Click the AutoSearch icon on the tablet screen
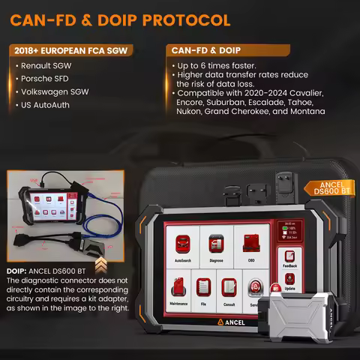(182, 245)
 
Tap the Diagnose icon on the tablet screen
(216, 245)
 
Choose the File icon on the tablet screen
(204, 288)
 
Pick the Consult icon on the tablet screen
(229, 288)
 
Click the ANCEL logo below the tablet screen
(231, 320)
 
